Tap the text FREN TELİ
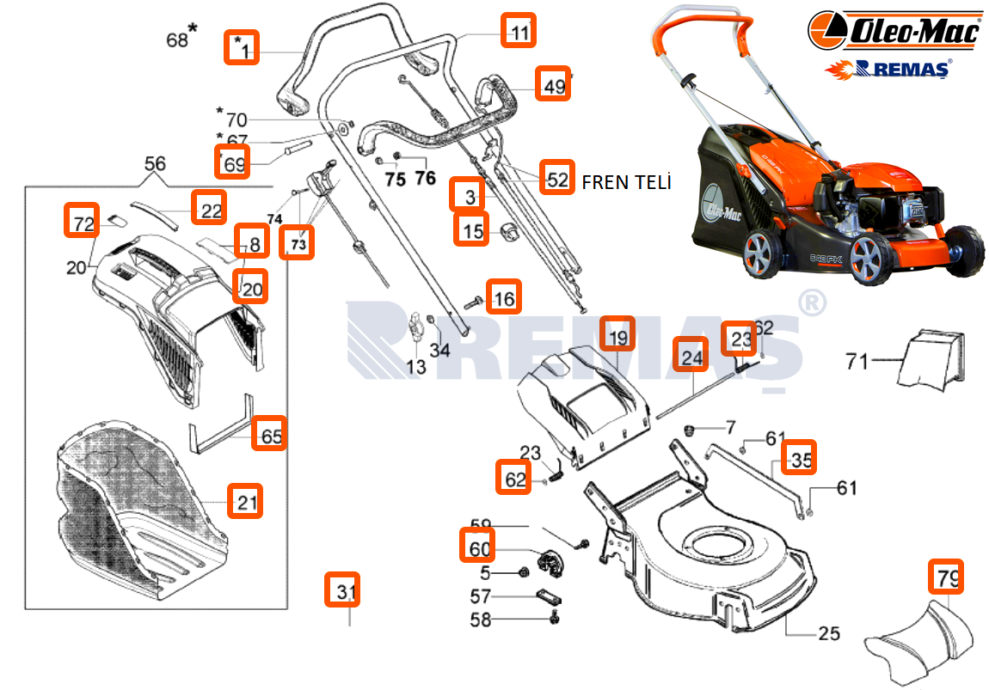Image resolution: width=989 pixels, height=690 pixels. coord(626,182)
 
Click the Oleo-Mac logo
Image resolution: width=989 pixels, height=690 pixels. coord(894,33)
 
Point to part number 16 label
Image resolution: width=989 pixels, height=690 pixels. coord(503,297)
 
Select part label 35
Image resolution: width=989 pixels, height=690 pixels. coord(800,458)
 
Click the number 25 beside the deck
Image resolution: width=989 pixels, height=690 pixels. coord(829,634)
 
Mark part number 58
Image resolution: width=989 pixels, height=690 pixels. coord(481,619)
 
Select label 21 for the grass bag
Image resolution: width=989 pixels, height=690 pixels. coord(246,501)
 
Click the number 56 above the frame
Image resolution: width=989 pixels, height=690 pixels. coord(155,163)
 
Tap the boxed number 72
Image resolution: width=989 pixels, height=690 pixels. coord(83,222)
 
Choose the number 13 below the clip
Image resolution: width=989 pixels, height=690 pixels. coord(415,367)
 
